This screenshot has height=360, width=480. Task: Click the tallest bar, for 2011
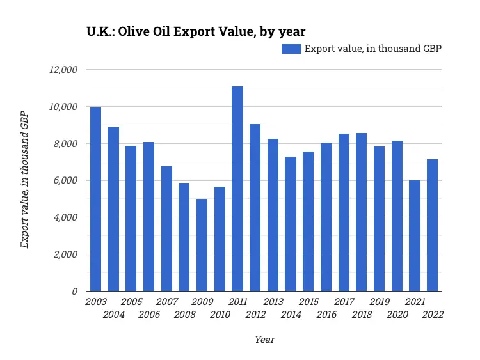(x=237, y=189)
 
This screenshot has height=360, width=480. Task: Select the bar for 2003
(x=95, y=199)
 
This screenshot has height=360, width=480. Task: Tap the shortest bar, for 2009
(x=202, y=245)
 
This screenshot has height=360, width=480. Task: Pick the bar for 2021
(x=415, y=235)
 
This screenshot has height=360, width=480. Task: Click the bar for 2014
(x=291, y=224)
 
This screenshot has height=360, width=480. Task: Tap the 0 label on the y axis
(x=75, y=292)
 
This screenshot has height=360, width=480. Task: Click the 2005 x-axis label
(x=131, y=302)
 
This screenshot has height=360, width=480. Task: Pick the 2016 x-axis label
(x=326, y=315)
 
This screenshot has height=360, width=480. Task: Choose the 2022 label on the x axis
(x=433, y=315)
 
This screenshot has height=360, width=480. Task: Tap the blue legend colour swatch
(x=291, y=49)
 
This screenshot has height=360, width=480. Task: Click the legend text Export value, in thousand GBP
(x=373, y=49)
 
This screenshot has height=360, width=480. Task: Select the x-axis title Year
(x=264, y=340)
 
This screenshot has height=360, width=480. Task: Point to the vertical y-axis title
(x=24, y=180)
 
